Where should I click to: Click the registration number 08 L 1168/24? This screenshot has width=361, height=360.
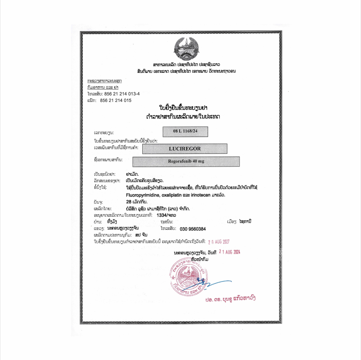[185, 131]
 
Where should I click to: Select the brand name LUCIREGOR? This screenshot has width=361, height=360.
[184, 149]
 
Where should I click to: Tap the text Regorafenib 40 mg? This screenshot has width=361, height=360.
[186, 161]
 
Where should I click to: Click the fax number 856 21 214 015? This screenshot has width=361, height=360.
[116, 100]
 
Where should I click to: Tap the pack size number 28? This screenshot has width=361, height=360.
[129, 202]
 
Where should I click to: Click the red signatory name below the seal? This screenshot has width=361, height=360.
[230, 298]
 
